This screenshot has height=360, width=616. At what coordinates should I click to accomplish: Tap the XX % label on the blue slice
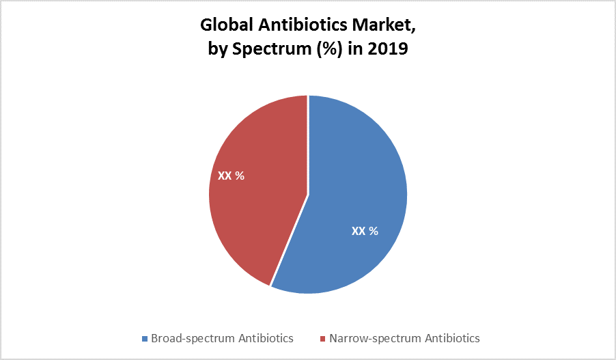(365, 231)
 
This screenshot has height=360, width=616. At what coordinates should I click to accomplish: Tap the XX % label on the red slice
(231, 176)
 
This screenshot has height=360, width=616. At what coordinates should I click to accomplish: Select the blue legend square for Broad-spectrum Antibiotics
(144, 339)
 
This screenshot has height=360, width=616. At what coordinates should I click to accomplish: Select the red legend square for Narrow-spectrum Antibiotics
(322, 339)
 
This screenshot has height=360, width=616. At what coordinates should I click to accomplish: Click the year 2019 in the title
(389, 49)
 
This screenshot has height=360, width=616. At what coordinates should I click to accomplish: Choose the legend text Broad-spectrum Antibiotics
(222, 338)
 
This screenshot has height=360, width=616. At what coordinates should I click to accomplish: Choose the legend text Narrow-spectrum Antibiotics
(404, 338)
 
